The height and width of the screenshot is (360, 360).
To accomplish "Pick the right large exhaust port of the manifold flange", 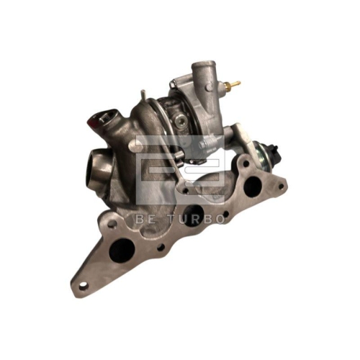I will click(253, 186).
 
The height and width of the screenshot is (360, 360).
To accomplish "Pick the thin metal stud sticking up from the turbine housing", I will click(144, 96).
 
